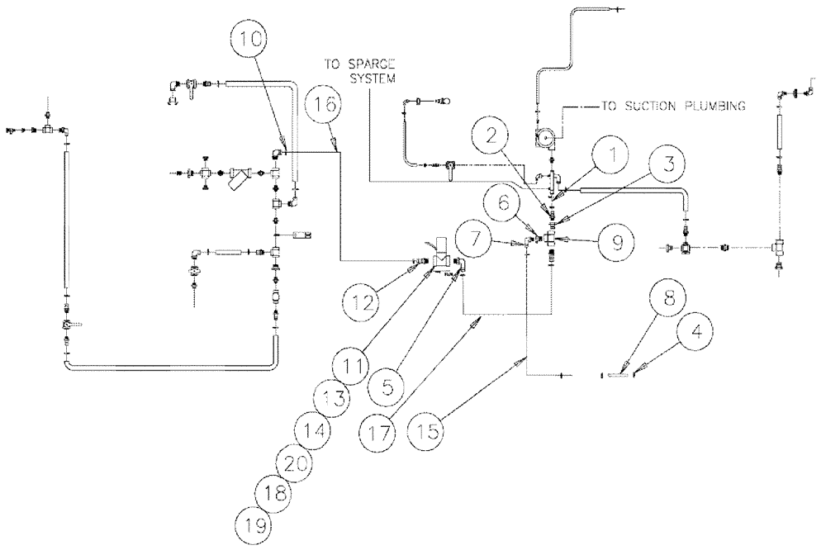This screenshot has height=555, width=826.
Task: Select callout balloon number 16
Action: [x=323, y=106]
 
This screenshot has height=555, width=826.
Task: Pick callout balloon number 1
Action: [x=613, y=154]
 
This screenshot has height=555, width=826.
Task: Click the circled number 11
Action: [x=351, y=364]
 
